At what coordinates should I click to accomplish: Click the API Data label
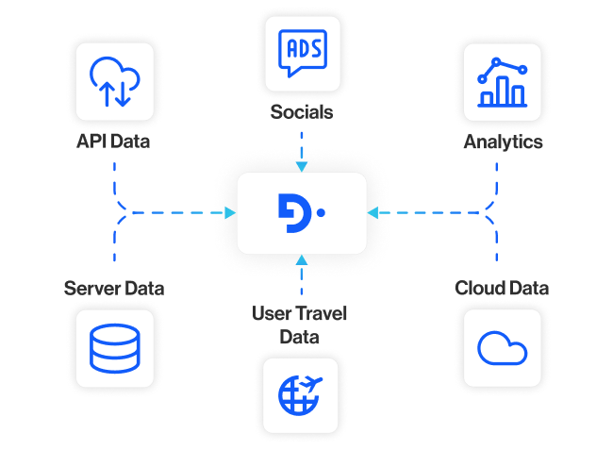[114, 142]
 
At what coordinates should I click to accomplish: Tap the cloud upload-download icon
[114, 83]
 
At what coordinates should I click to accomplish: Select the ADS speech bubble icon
[301, 55]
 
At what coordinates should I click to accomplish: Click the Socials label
[301, 112]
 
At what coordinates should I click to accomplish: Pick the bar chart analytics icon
[502, 83]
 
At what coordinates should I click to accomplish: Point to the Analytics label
[503, 142]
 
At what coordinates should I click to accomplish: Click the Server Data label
[114, 288]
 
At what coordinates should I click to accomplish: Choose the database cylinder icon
[114, 346]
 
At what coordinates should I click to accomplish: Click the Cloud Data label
[503, 288]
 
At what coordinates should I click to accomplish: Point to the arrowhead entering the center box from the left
[230, 213]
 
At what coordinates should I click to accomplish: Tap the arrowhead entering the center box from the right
[373, 213]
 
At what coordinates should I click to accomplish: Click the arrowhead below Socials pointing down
[301, 167]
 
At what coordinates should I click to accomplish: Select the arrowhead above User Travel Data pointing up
[301, 259]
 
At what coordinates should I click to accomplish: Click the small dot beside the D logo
[321, 213]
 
